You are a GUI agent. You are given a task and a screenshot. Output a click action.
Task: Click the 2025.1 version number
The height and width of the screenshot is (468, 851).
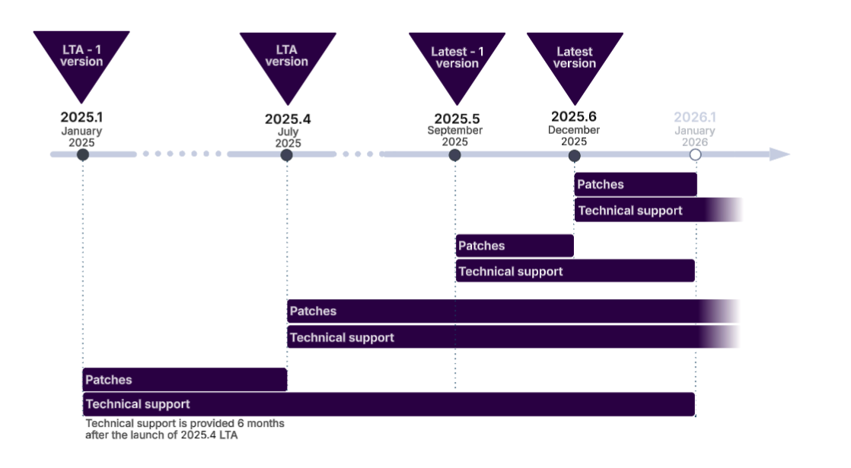pyautogui.click(x=81, y=118)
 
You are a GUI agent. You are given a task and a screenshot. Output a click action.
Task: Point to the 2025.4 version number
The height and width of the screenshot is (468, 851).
pyautogui.click(x=288, y=119)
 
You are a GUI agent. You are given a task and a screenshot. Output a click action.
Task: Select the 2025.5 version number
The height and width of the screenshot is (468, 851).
pyautogui.click(x=457, y=119)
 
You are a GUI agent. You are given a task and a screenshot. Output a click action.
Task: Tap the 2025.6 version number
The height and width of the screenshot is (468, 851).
pyautogui.click(x=574, y=116)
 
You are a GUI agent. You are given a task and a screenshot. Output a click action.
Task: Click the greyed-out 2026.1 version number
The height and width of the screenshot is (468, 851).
pyautogui.click(x=695, y=117)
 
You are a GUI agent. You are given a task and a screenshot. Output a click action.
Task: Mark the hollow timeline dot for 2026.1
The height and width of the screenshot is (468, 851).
pyautogui.click(x=695, y=154)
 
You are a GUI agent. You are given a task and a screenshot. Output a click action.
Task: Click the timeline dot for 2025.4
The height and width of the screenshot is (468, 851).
pyautogui.click(x=287, y=154)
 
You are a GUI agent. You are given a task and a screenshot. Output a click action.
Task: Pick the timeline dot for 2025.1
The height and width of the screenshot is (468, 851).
pyautogui.click(x=83, y=154)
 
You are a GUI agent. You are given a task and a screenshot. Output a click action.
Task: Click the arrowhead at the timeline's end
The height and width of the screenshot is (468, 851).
pyautogui.click(x=780, y=154)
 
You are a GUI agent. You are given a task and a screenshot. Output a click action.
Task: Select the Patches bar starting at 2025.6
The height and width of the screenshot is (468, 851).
pyautogui.click(x=636, y=184)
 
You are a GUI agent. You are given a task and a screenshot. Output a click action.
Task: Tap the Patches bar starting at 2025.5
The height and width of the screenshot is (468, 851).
pyautogui.click(x=515, y=246)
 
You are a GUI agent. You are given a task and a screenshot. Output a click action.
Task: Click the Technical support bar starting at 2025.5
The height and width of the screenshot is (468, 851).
pyautogui.click(x=575, y=271)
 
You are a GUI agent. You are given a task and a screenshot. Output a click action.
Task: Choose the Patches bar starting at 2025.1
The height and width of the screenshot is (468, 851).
pyautogui.click(x=184, y=380)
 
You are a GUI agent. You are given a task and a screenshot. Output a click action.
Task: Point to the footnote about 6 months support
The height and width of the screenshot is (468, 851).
pyautogui.click(x=185, y=429)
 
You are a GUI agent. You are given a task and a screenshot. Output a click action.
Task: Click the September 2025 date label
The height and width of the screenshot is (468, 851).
pyautogui.click(x=455, y=136)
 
